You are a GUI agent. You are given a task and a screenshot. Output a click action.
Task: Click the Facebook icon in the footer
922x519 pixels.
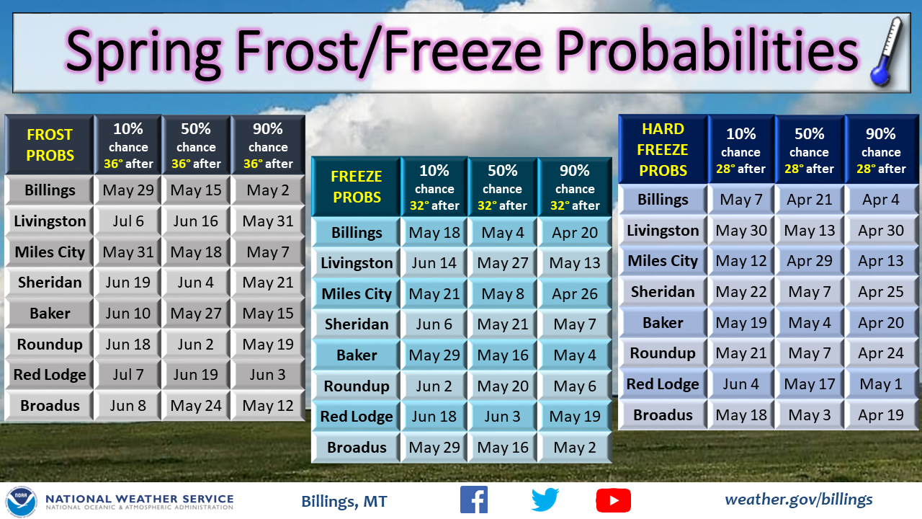(473, 500)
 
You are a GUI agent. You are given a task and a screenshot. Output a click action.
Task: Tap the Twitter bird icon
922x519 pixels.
(545, 500)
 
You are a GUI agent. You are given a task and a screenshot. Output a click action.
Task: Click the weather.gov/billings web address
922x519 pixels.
(798, 499)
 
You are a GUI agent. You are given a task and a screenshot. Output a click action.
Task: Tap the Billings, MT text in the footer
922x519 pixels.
(344, 501)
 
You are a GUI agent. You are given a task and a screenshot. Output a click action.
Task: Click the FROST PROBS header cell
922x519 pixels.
(50, 145)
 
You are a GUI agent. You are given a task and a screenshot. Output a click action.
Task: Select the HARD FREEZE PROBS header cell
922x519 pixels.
(663, 150)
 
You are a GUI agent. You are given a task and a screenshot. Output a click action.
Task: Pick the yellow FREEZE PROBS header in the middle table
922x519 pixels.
(357, 187)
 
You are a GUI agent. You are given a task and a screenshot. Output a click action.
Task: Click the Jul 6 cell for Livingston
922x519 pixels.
(128, 221)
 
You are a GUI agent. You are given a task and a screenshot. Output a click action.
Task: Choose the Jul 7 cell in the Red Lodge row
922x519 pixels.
(128, 375)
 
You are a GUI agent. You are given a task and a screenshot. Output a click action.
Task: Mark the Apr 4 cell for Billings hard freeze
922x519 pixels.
(880, 200)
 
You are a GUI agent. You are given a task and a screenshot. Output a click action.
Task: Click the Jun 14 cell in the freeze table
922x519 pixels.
(434, 263)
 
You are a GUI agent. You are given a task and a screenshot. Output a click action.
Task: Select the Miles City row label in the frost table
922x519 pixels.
(50, 252)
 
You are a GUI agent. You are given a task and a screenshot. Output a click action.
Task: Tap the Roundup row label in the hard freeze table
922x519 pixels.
(663, 353)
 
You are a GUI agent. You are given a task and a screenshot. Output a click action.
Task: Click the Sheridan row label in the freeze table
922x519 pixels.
(357, 324)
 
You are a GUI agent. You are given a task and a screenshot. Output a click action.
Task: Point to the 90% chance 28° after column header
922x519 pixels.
(880, 150)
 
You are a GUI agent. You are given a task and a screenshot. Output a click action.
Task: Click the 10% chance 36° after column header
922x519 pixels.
(128, 145)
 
